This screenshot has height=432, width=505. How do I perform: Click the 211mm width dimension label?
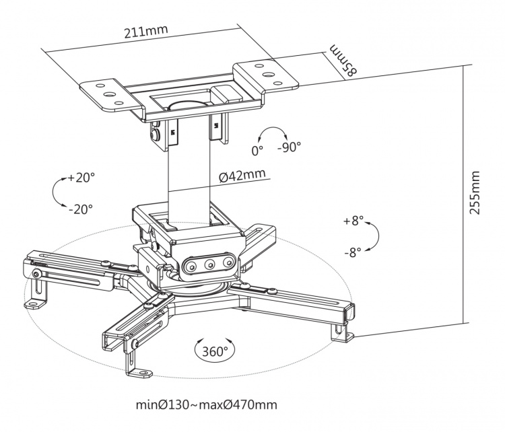tap(145, 31)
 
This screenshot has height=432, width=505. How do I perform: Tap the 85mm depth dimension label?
tap(343, 61)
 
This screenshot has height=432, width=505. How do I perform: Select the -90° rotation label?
tap(290, 147)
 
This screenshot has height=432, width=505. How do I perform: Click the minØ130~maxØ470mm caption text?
tap(206, 405)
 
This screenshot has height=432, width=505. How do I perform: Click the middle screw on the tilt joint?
tap(209, 264)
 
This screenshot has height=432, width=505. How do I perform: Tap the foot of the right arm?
tap(339, 332)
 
